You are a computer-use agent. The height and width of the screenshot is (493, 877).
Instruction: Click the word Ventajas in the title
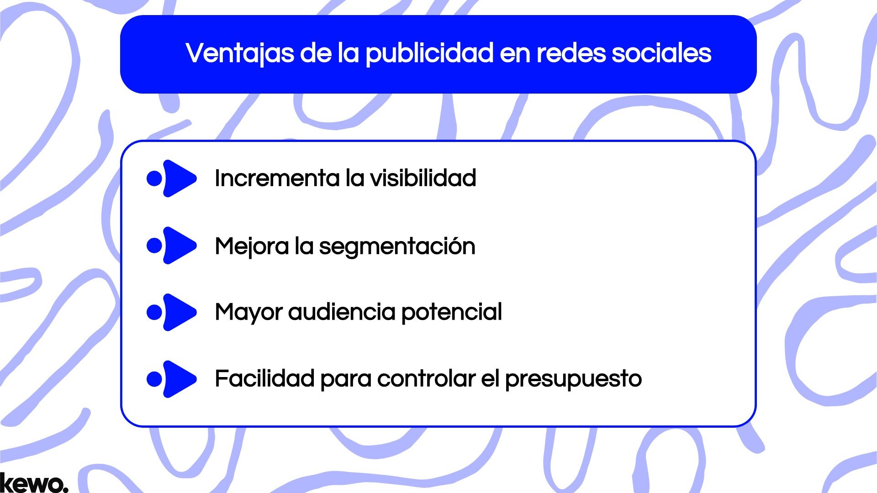240,53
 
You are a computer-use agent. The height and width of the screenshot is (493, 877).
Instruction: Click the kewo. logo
34,483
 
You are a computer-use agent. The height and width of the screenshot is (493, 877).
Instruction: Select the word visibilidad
423,178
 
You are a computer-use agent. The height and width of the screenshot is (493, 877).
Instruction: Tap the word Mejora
252,246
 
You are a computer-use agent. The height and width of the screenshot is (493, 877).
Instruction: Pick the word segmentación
397,246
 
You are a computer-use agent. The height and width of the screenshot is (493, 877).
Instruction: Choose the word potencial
451,312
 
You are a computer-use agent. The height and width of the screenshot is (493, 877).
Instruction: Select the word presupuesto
573,379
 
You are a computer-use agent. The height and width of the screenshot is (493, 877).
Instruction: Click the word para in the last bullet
346,379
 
